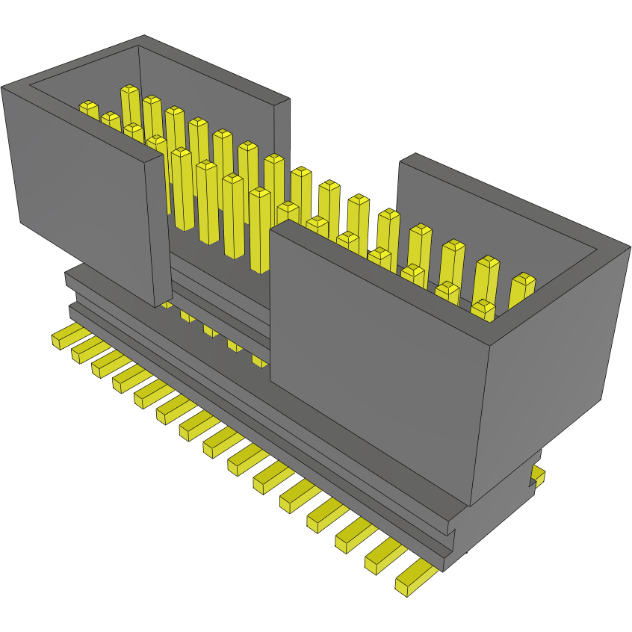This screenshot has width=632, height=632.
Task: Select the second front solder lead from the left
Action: (x=85, y=350)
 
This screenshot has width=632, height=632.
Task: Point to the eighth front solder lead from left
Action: (x=221, y=441)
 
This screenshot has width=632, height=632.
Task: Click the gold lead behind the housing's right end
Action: (x=538, y=475)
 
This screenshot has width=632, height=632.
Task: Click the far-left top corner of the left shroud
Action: (x=2, y=87)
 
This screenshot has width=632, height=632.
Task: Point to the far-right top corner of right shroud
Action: (x=629, y=249)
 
